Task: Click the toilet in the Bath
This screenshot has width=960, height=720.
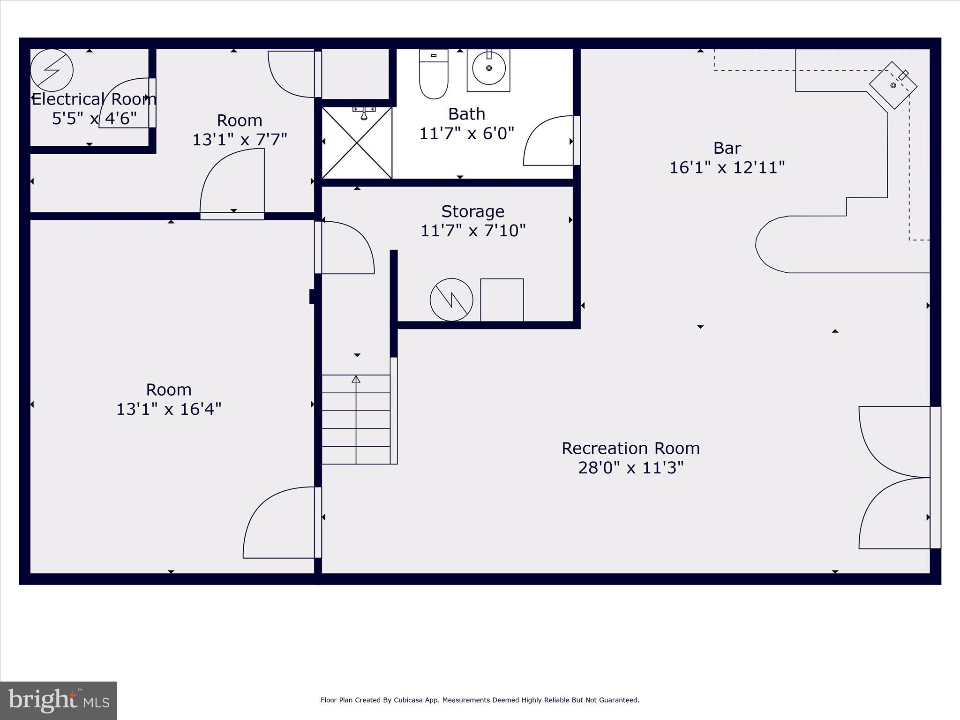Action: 434,75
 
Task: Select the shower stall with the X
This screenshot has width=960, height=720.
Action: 357,142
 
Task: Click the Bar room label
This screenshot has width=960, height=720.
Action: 727,148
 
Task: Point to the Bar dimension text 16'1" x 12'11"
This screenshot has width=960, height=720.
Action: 727,167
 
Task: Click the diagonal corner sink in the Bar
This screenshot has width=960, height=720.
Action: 893,85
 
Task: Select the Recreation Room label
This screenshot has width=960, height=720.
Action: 630,448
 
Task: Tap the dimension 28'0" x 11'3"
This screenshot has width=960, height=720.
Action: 630,468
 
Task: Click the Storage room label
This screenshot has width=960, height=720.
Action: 472,211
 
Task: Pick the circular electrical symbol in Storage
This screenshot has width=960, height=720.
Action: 451,300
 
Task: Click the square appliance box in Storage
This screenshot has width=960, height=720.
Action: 502,300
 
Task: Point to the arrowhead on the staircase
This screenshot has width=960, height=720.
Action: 356,379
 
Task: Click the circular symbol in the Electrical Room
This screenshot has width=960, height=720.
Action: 52,70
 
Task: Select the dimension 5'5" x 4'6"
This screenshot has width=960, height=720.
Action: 94,119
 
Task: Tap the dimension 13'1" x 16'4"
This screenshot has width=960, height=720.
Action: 168,409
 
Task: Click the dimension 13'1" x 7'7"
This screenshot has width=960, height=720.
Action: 240,140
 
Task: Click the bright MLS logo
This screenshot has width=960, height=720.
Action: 58,701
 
